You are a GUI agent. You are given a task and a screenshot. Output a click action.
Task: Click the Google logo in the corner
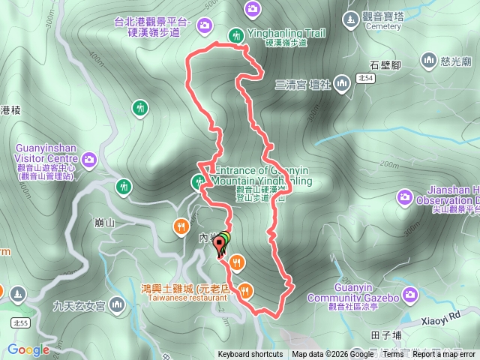click(28, 349)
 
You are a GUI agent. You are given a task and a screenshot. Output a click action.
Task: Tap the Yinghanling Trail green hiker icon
click(236, 34)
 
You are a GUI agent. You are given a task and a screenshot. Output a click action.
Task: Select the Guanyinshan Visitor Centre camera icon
click(90, 159)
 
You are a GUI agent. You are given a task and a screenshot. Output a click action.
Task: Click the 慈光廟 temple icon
click(428, 58)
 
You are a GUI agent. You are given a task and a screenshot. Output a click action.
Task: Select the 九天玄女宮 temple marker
click(117, 304)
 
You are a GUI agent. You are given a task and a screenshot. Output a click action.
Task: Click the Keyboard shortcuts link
click(250, 355)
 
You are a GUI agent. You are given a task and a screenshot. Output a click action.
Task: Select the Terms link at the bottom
click(392, 355)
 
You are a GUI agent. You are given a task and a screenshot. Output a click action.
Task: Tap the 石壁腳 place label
click(386, 64)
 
